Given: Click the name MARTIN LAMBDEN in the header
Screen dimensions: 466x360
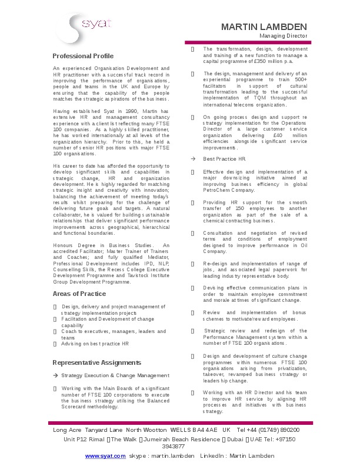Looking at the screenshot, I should point(264,26).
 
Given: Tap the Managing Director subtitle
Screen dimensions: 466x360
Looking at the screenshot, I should point(284,36).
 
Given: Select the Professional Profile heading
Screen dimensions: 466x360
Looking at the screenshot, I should point(83,56).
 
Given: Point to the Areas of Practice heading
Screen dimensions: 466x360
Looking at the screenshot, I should point(79,294).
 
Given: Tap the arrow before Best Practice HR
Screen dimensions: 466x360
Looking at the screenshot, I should point(193,159).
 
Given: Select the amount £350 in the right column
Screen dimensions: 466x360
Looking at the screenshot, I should point(260,61).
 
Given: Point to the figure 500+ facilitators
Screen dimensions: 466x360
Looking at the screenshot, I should point(299,79).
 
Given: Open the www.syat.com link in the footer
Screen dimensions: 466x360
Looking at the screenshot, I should point(105,456).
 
